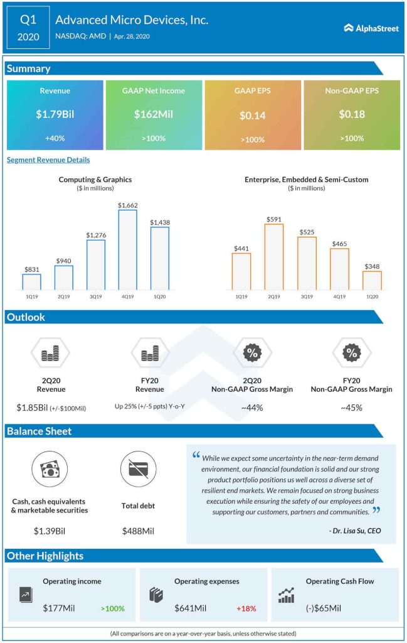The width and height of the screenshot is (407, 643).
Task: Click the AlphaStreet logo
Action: [x=371, y=28]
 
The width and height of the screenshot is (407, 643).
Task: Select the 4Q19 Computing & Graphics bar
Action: [x=127, y=249]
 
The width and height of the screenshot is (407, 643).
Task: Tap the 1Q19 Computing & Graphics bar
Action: [x=31, y=281]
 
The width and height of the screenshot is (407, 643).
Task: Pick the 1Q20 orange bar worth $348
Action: [x=372, y=280]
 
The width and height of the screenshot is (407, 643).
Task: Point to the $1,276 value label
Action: [x=95, y=234]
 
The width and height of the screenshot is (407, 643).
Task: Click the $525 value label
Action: [x=307, y=231]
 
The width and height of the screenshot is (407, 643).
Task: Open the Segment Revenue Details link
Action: [x=48, y=160]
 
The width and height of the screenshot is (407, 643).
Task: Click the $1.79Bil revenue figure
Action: [x=55, y=115]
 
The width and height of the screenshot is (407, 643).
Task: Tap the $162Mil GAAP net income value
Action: [x=154, y=115]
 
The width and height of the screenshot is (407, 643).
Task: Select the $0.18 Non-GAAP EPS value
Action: [x=351, y=115]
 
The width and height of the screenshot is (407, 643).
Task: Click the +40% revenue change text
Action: [x=55, y=138]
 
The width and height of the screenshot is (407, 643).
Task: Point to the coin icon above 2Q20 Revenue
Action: [x=50, y=354]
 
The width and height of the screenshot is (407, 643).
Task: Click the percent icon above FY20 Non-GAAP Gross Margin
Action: [x=351, y=353]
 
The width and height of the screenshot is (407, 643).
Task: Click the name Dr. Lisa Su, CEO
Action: [x=354, y=531]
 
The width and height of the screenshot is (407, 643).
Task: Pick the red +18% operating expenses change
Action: [x=246, y=608]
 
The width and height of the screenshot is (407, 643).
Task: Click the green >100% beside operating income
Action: [x=112, y=608]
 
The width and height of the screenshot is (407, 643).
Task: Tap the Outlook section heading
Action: [x=26, y=317]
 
